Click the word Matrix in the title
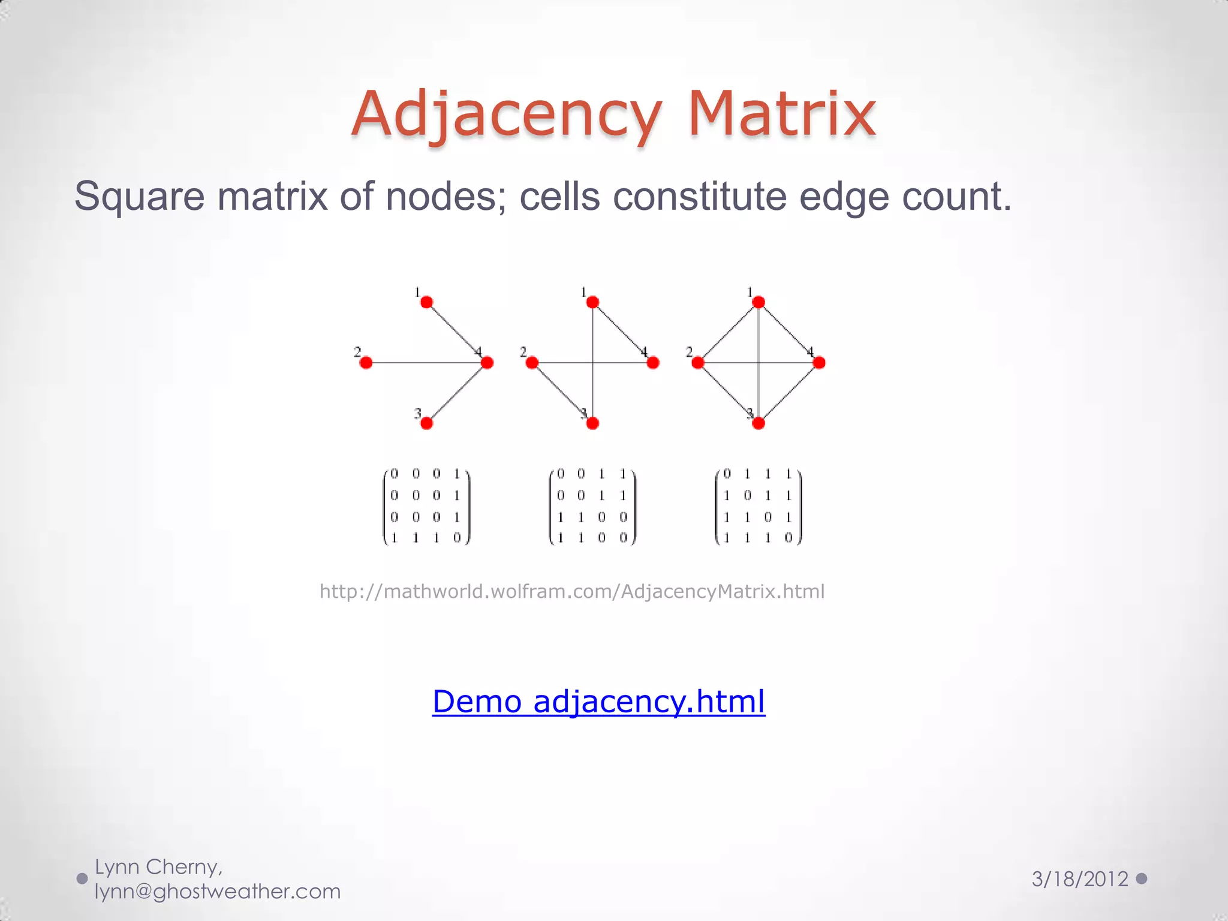click(x=782, y=114)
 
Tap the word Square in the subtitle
click(x=139, y=196)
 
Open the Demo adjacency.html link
click(x=598, y=701)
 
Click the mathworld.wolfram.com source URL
click(x=572, y=592)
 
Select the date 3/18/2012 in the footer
click(x=1080, y=879)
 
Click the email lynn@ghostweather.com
click(x=218, y=892)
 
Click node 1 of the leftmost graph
click(x=427, y=302)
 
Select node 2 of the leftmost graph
click(x=366, y=363)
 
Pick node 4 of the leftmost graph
click(x=487, y=363)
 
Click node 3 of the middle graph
click(x=592, y=423)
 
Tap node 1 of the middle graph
click(x=592, y=302)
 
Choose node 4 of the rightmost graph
click(x=819, y=363)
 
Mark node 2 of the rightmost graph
click(x=698, y=363)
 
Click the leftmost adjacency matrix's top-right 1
click(x=457, y=474)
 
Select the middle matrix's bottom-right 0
click(x=623, y=538)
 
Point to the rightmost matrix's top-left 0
click(x=727, y=474)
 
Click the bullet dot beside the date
click(x=1142, y=878)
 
